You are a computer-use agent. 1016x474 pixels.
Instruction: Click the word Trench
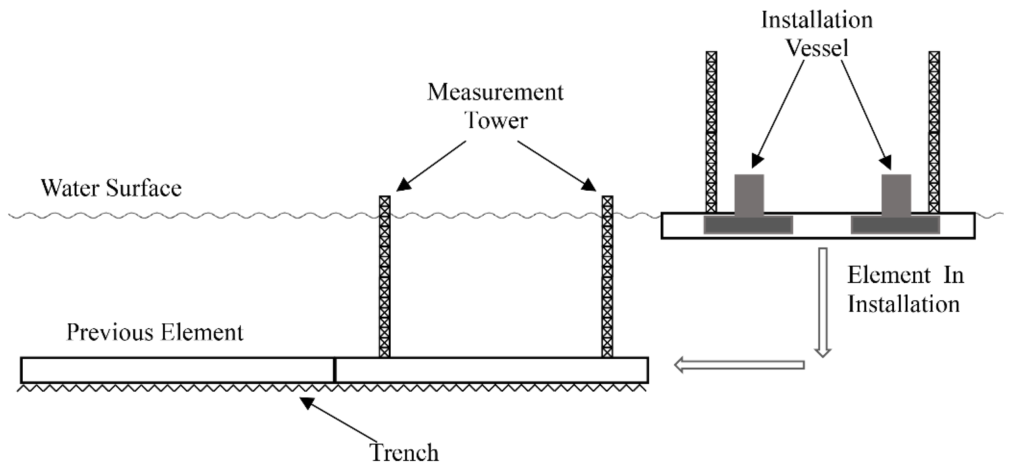point(405,453)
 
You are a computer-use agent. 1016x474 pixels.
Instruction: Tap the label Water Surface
point(111,188)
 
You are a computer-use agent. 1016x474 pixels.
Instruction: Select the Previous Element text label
point(155,332)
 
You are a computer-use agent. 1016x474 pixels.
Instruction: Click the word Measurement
point(495,92)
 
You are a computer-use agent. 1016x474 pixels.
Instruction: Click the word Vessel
point(817,48)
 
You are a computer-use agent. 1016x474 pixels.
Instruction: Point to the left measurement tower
point(385,276)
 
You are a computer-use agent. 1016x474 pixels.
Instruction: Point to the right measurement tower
point(607,276)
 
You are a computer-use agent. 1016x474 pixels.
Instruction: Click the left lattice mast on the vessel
point(711,132)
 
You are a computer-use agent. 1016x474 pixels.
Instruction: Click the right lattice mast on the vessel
point(934,132)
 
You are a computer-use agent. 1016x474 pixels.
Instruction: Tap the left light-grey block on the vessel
point(749,195)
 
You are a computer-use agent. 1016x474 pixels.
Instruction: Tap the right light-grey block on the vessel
point(896,195)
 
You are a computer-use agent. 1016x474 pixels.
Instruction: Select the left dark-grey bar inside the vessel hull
point(748,225)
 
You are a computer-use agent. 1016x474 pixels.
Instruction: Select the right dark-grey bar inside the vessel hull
point(895,225)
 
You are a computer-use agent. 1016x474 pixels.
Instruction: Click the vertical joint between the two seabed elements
point(335,370)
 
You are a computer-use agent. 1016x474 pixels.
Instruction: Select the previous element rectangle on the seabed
point(178,370)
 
